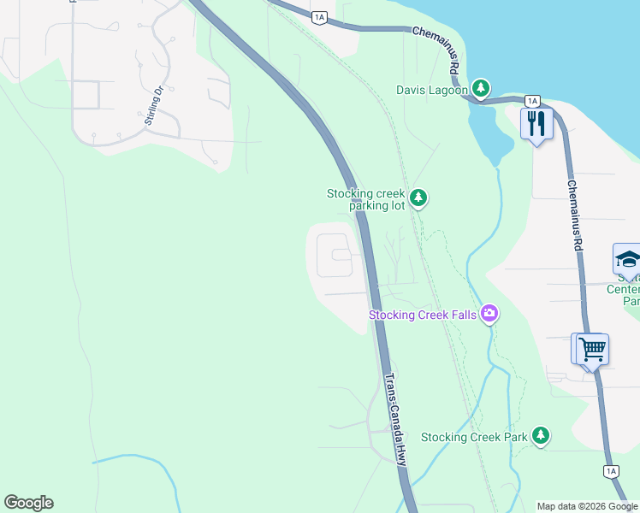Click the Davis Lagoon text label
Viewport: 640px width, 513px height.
pyautogui.click(x=432, y=89)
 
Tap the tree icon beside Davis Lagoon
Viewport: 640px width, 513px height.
pyautogui.click(x=482, y=87)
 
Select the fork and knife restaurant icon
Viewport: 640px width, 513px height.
pyautogui.click(x=537, y=124)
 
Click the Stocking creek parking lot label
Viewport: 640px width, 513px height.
pyautogui.click(x=365, y=200)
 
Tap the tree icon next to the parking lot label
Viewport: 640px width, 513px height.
pyautogui.click(x=418, y=198)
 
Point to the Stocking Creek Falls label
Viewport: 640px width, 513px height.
pyautogui.click(x=423, y=315)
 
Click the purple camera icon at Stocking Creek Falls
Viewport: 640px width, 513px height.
pyautogui.click(x=489, y=314)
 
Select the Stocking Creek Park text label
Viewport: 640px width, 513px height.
pyautogui.click(x=474, y=437)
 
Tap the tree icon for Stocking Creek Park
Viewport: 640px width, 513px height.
pyautogui.click(x=540, y=436)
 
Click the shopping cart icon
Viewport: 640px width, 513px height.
pyautogui.click(x=591, y=349)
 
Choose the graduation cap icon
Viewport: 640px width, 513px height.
pyautogui.click(x=627, y=259)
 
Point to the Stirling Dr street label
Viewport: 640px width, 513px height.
pyautogui.click(x=154, y=104)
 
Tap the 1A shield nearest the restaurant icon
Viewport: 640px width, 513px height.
pyautogui.click(x=532, y=101)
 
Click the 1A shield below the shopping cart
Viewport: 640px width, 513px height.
pyautogui.click(x=611, y=470)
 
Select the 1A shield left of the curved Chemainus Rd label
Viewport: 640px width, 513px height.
pyautogui.click(x=320, y=16)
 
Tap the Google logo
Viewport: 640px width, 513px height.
pyautogui.click(x=28, y=503)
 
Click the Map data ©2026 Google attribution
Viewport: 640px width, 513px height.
pyautogui.click(x=586, y=506)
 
